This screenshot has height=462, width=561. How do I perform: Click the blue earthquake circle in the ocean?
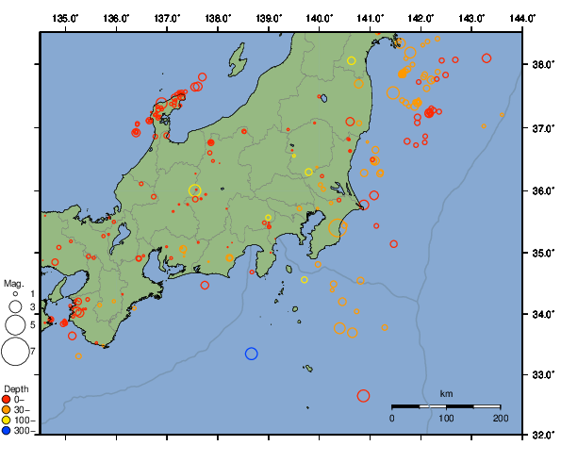click(x=252, y=354)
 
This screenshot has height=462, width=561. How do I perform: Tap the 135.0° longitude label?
click(x=65, y=19)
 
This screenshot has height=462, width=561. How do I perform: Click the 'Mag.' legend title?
click(x=13, y=283)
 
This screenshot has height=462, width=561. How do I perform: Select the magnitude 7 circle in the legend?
click(x=14, y=352)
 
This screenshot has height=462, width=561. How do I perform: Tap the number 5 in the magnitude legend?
click(x=33, y=324)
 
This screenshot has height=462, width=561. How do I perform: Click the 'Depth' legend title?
click(x=15, y=388)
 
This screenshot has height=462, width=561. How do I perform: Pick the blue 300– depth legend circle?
click(x=7, y=431)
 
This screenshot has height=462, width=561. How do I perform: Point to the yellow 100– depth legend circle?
click(x=7, y=421)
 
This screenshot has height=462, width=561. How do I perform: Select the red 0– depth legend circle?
click(x=7, y=400)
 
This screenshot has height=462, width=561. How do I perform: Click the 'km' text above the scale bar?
click(x=446, y=393)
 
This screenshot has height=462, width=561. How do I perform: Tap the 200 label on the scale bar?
click(x=500, y=418)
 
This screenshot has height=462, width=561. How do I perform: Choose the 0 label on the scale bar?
click(x=392, y=418)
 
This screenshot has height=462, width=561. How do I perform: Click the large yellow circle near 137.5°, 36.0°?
click(x=195, y=190)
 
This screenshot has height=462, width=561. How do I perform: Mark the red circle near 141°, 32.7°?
click(x=364, y=396)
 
